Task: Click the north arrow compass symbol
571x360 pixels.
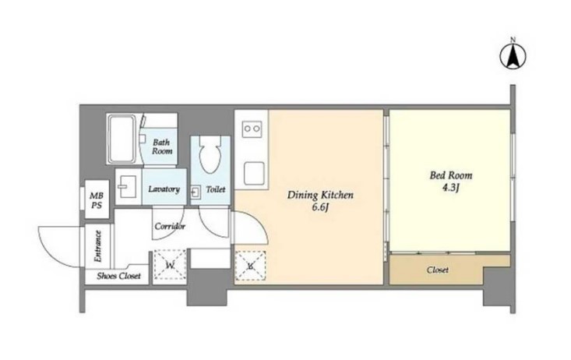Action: (x=513, y=56)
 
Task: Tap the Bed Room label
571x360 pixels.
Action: (x=451, y=175)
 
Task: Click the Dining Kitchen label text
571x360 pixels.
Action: (x=320, y=195)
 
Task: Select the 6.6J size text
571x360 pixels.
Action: (x=320, y=208)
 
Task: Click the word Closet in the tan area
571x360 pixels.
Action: (x=437, y=270)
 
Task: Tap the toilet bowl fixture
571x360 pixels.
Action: (x=210, y=154)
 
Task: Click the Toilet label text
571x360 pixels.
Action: (x=216, y=189)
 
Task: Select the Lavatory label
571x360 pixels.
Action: (x=164, y=189)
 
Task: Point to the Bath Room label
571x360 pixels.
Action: (x=162, y=146)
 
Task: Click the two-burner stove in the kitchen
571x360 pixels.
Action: (x=252, y=129)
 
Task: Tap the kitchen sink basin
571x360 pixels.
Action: (x=254, y=174)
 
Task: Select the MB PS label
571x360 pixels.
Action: (x=97, y=201)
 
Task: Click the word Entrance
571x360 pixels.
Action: (x=97, y=246)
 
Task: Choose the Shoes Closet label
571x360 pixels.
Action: (x=118, y=276)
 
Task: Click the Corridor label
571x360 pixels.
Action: (x=170, y=226)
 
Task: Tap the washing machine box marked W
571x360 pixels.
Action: (x=170, y=265)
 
